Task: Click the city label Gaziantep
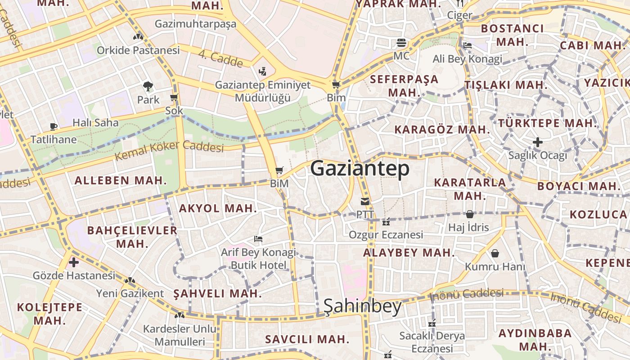point(360,169)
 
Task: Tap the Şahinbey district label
point(362,306)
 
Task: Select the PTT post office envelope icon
point(364,202)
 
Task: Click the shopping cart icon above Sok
point(174,98)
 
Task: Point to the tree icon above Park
point(148,86)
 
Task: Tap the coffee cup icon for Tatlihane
point(54,126)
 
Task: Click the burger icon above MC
point(401,43)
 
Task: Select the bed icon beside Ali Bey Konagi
point(468,45)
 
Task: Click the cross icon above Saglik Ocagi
point(537,143)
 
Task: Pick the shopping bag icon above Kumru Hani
point(495,253)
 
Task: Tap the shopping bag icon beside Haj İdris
point(470,214)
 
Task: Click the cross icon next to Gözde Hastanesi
point(74,262)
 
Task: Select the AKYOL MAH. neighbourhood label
point(218,208)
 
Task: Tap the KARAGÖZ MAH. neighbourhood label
point(442,130)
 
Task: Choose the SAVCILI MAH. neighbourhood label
point(307,339)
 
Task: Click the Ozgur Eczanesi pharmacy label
point(386,234)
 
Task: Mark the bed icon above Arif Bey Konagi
point(258,239)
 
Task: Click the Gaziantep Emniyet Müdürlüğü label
point(263,91)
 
